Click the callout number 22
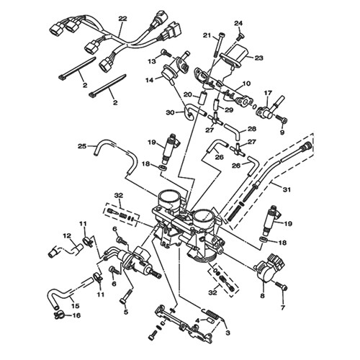[122, 19]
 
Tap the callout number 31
[287, 189]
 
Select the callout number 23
[259, 58]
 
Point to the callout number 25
[82, 145]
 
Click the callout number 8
[262, 296]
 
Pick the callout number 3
[228, 333]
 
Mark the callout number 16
[76, 315]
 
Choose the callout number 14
[150, 80]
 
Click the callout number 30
[171, 112]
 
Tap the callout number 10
[246, 84]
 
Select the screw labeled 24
[239, 37]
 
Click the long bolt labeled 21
[219, 45]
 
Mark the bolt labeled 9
[282, 119]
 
